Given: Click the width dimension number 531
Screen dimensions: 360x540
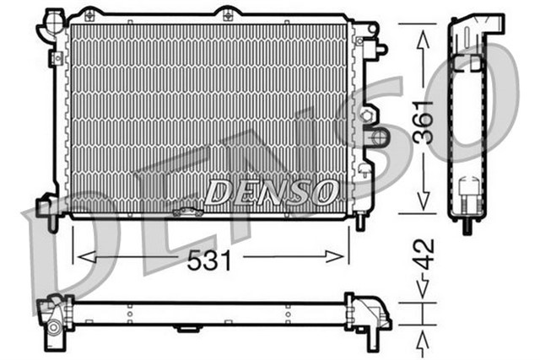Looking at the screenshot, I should pos(210,261).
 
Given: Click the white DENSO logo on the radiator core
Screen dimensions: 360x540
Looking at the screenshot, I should pos(269,193).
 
